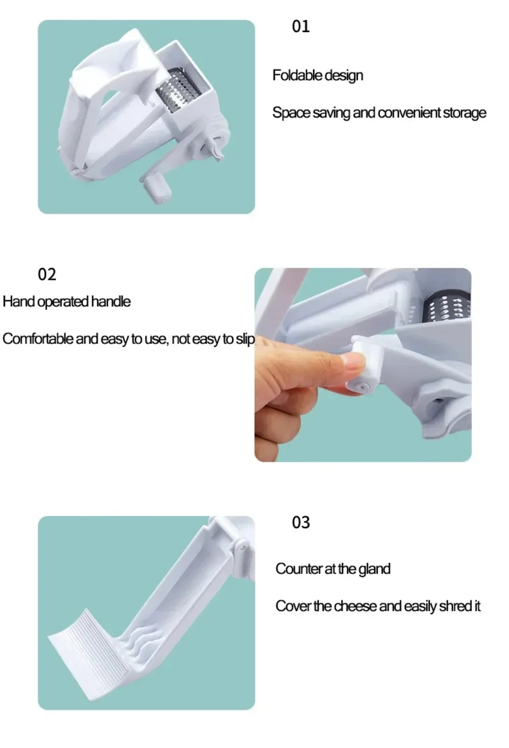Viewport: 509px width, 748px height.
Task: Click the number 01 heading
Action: [x=300, y=26]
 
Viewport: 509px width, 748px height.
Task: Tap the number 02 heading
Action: [x=47, y=275]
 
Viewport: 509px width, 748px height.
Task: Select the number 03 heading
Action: [x=300, y=523]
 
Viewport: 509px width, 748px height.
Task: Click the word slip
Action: [x=245, y=339]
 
